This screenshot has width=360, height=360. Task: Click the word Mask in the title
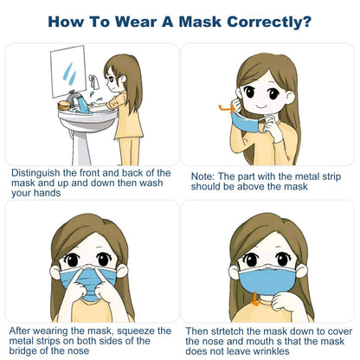tap(200, 22)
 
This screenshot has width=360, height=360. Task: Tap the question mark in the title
tap(307, 22)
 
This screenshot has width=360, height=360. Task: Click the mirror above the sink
tap(68, 71)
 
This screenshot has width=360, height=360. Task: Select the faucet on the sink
tap(74, 98)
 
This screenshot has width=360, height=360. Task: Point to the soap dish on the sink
tap(64, 106)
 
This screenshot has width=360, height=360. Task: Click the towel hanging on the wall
tap(94, 82)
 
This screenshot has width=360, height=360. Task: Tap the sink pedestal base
tap(80, 147)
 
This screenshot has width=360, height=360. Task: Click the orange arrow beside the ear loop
tap(227, 108)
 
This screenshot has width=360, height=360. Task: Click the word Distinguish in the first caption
tap(35, 173)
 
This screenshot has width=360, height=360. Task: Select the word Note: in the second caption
tap(203, 177)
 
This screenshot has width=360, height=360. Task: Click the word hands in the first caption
tap(48, 193)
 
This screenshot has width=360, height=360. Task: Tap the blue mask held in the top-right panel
tap(245, 122)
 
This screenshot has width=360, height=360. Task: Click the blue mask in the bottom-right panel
tap(268, 280)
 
